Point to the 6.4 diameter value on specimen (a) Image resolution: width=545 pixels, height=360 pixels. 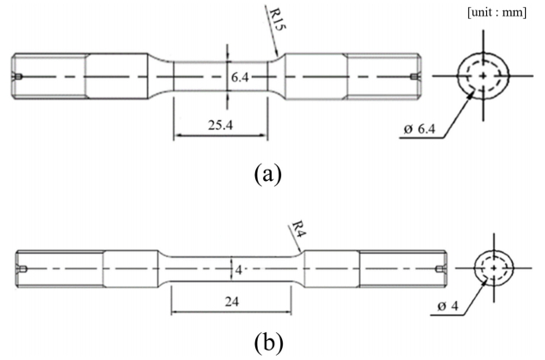pyautogui.click(x=240, y=77)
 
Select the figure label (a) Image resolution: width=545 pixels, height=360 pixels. pyautogui.click(x=266, y=174)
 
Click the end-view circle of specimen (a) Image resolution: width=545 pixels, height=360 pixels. pyautogui.click(x=483, y=75)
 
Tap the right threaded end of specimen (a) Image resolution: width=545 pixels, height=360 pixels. pyautogui.click(x=384, y=77)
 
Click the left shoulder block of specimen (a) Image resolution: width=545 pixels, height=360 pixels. pyautogui.click(x=117, y=77)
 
